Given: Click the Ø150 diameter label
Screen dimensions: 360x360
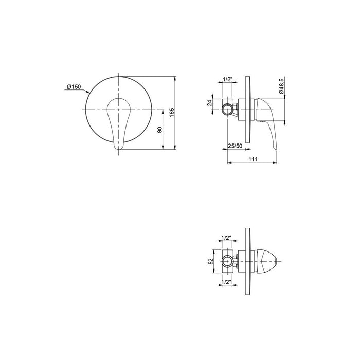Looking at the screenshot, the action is coord(74,87).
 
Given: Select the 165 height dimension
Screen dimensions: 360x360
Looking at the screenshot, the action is coord(172,113).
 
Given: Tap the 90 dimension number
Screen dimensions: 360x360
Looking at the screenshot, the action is coord(160,130).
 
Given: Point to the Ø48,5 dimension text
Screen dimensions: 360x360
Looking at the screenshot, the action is coord(282,86).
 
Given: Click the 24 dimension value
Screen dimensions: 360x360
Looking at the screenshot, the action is coord(210,103).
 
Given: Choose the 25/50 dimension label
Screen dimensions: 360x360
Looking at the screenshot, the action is coord(235,146).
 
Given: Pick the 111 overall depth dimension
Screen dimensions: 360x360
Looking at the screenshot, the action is coord(253,159).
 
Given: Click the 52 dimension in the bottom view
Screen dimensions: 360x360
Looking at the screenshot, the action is coord(211,261).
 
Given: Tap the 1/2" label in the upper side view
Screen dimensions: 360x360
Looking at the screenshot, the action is coord(228,79).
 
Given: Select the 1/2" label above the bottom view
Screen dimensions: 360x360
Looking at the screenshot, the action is coord(226,238).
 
